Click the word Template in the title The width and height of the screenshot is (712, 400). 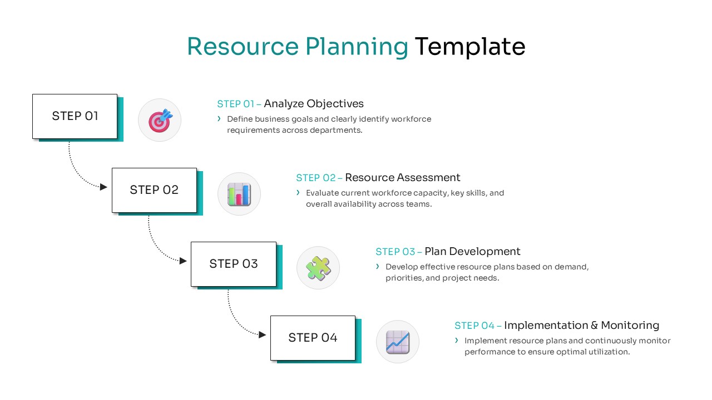point(469,47)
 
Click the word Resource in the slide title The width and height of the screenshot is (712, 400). point(243,47)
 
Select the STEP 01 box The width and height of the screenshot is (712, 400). point(75,116)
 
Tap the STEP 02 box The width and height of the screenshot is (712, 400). point(154,190)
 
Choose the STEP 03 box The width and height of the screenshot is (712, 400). point(234,264)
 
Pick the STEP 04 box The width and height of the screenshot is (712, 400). point(313,338)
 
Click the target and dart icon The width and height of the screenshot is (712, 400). point(160,120)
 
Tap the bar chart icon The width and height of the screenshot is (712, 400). point(239,194)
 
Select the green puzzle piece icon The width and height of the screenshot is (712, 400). point(318,268)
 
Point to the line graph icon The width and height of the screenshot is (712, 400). point(398,342)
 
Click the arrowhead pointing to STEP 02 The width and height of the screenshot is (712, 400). point(103,187)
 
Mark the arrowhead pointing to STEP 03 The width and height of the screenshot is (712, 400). point(183,261)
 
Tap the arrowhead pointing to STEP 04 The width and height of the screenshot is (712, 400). point(263,334)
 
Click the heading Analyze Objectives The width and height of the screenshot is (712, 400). point(314,104)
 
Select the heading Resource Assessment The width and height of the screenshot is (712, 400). point(403,178)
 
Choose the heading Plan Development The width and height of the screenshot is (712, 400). point(472,252)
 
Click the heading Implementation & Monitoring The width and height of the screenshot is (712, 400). point(581,326)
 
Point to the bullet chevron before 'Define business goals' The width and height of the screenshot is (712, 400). point(220,119)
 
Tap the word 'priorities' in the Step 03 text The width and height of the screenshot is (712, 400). point(403,278)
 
